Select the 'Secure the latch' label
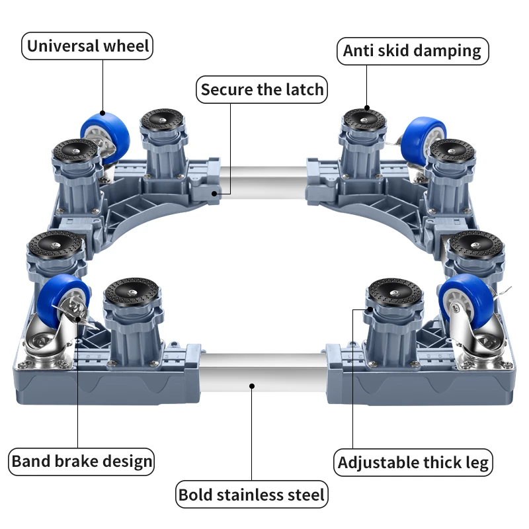pos(263,90)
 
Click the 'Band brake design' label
pos(82,461)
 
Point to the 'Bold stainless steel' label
pos(252,494)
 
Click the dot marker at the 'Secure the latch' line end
pos(215,192)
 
